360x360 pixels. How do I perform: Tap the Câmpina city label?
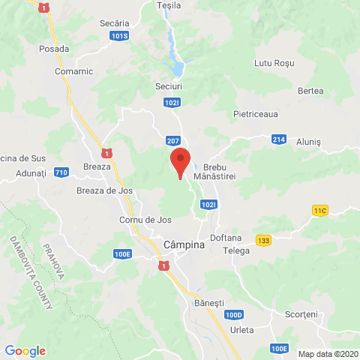click(184, 244)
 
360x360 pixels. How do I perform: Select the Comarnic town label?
click(73, 71)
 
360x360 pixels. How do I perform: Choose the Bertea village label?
click(310, 91)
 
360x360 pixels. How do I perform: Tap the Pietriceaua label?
click(256, 116)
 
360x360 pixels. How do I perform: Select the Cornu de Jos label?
click(145, 220)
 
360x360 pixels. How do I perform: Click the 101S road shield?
click(119, 36)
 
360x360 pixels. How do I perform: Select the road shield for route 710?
click(61, 172)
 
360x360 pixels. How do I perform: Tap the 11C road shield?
click(321, 211)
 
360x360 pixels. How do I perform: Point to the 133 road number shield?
click(263, 240)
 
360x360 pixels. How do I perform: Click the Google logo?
click(25, 351)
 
